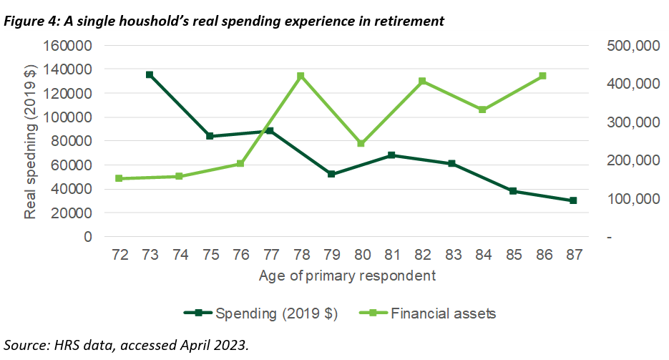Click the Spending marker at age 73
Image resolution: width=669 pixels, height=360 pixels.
click(x=150, y=74)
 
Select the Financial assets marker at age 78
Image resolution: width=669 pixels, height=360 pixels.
click(x=301, y=76)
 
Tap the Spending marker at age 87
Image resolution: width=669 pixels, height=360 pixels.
click(x=573, y=200)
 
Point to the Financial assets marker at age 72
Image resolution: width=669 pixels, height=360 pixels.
click(x=119, y=178)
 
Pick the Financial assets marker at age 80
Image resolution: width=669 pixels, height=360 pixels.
click(x=361, y=143)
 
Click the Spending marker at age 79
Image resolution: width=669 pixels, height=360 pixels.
click(x=331, y=174)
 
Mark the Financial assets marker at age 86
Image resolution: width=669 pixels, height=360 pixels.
click(x=542, y=76)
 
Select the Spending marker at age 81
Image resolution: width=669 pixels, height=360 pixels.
click(x=391, y=155)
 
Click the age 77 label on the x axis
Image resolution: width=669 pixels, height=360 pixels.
click(x=270, y=254)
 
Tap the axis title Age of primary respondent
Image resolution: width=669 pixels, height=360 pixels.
click(x=347, y=275)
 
